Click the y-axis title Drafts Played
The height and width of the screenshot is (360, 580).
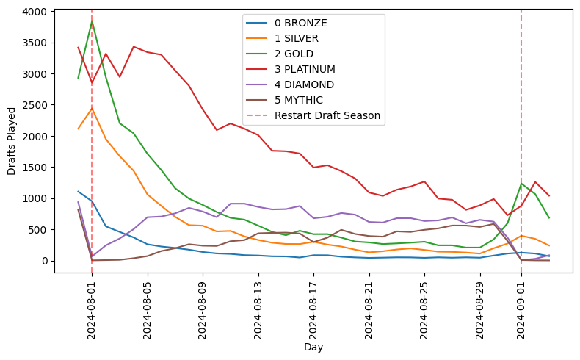point(11,141)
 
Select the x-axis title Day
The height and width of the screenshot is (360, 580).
point(313,347)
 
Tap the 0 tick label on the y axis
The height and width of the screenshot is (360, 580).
point(44,261)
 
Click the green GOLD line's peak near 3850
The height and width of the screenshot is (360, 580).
point(92,21)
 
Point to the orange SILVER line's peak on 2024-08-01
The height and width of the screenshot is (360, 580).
point(92,108)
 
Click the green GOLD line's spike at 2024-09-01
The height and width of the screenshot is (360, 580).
point(521,184)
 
